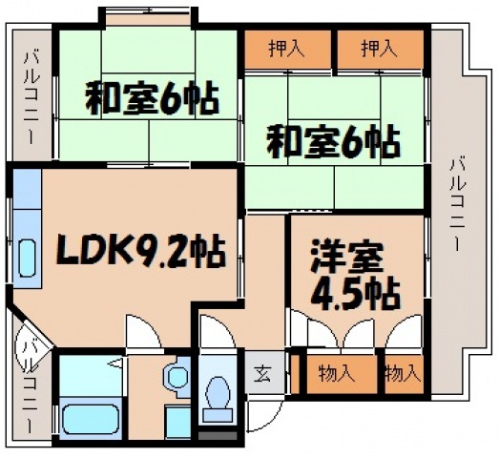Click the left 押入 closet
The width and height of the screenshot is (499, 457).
click(286, 48)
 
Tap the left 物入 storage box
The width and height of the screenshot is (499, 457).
click(336, 373)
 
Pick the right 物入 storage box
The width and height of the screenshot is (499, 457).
click(402, 373)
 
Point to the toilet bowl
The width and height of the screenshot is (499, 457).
click(218, 394)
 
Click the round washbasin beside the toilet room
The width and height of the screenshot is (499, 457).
click(177, 378)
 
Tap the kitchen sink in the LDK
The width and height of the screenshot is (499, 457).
click(26, 257)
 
